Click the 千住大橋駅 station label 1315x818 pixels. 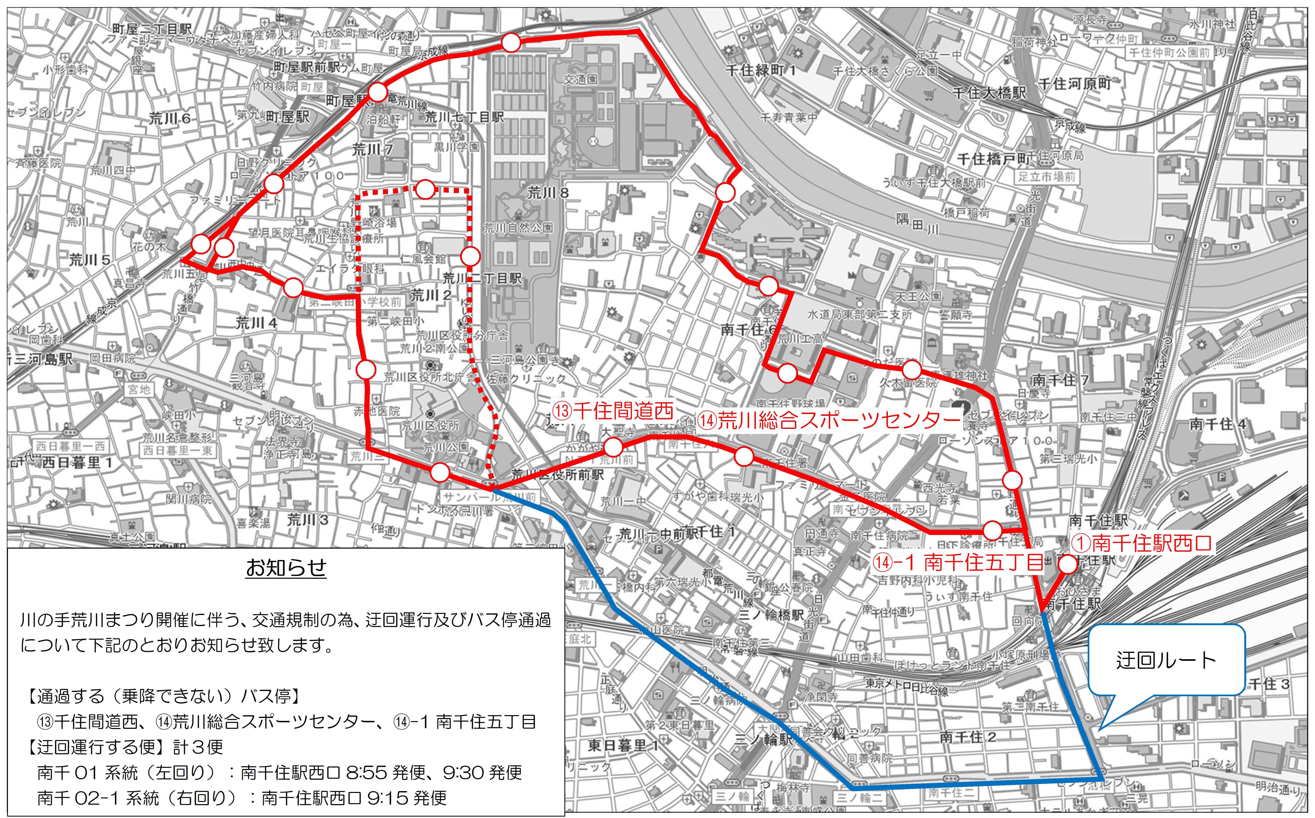989,93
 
